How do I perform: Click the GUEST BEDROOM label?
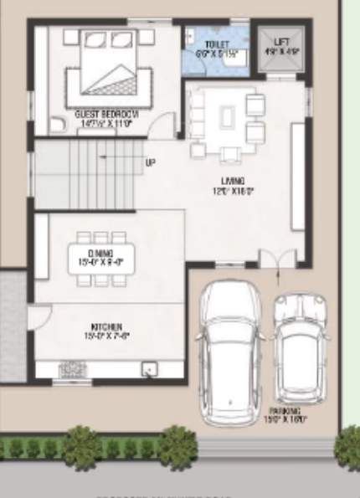point(106,114)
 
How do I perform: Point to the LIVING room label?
point(232,180)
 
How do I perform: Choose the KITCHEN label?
point(106,326)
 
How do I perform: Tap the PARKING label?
point(285,411)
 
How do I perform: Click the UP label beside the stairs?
point(150,162)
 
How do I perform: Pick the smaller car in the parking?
point(300,347)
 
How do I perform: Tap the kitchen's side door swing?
point(39,316)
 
